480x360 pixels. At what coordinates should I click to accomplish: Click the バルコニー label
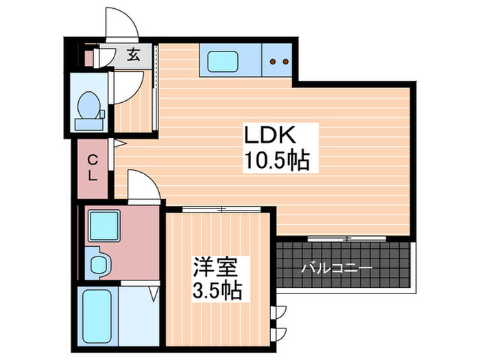336,267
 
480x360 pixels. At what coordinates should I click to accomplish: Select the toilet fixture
90,110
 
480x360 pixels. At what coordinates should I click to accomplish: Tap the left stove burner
273,62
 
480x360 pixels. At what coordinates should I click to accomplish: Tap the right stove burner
285,62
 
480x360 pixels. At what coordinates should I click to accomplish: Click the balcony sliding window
347,238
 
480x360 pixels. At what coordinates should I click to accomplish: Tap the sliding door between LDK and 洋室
219,208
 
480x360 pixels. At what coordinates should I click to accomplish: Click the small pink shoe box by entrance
88,56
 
